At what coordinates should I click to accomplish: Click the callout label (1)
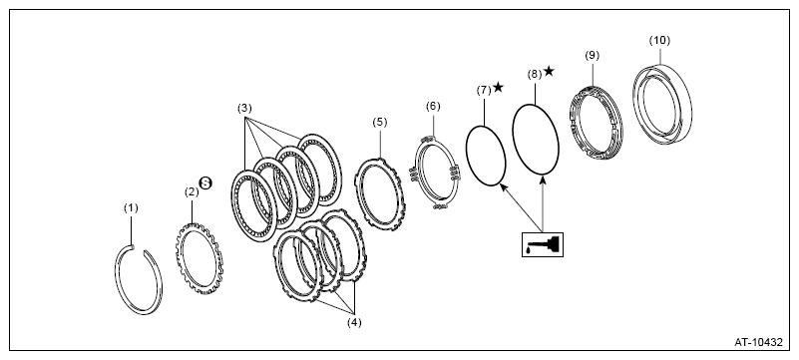coord(131,207)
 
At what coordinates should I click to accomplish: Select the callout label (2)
coord(192,191)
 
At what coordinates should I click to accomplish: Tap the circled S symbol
coord(205,183)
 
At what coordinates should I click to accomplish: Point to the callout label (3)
coord(244,108)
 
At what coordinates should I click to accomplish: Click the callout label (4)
coord(354,322)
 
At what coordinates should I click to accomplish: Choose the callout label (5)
coord(380,123)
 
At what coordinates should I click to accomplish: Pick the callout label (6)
coord(433,106)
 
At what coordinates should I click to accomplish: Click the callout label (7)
coord(484,90)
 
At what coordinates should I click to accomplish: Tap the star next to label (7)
coord(499,87)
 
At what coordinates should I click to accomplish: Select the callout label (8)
coord(535,75)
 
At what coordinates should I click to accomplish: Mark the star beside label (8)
coord(549,71)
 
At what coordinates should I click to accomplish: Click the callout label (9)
coord(592,55)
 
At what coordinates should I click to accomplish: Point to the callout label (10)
coord(659,40)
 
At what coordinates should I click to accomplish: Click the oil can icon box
coord(543,244)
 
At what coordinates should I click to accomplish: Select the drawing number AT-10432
coord(758,342)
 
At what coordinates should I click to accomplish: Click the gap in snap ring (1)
coord(138,248)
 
